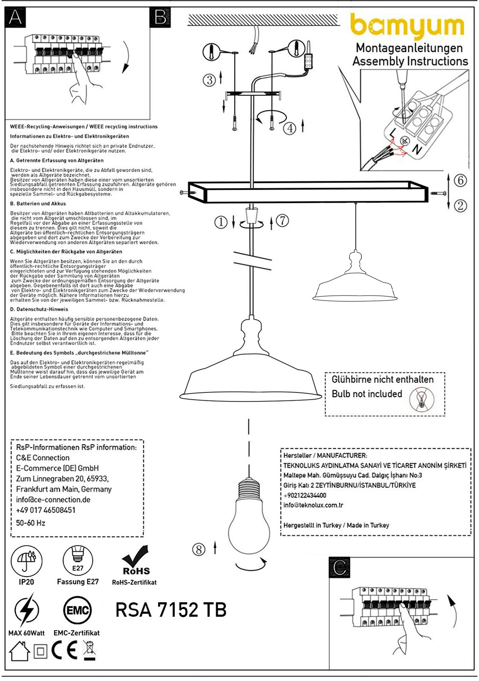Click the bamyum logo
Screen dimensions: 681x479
point(407,27)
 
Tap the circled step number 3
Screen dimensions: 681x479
point(209,80)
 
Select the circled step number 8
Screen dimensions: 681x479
point(199,549)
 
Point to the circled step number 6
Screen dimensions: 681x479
point(460,180)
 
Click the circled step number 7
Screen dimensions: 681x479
point(282,220)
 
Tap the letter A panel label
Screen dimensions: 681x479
point(15,17)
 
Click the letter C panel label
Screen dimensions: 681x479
point(340,567)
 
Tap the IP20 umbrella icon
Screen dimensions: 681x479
point(26,561)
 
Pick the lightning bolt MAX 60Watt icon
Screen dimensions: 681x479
point(26,611)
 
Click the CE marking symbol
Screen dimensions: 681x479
point(65,650)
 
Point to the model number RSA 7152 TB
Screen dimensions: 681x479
point(171,610)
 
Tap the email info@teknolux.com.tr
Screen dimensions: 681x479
point(313,505)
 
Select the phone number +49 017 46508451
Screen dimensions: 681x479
point(46,510)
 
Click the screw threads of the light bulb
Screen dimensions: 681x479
point(249,489)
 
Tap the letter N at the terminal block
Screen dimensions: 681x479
point(416,149)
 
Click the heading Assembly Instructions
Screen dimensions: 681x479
point(410,61)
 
